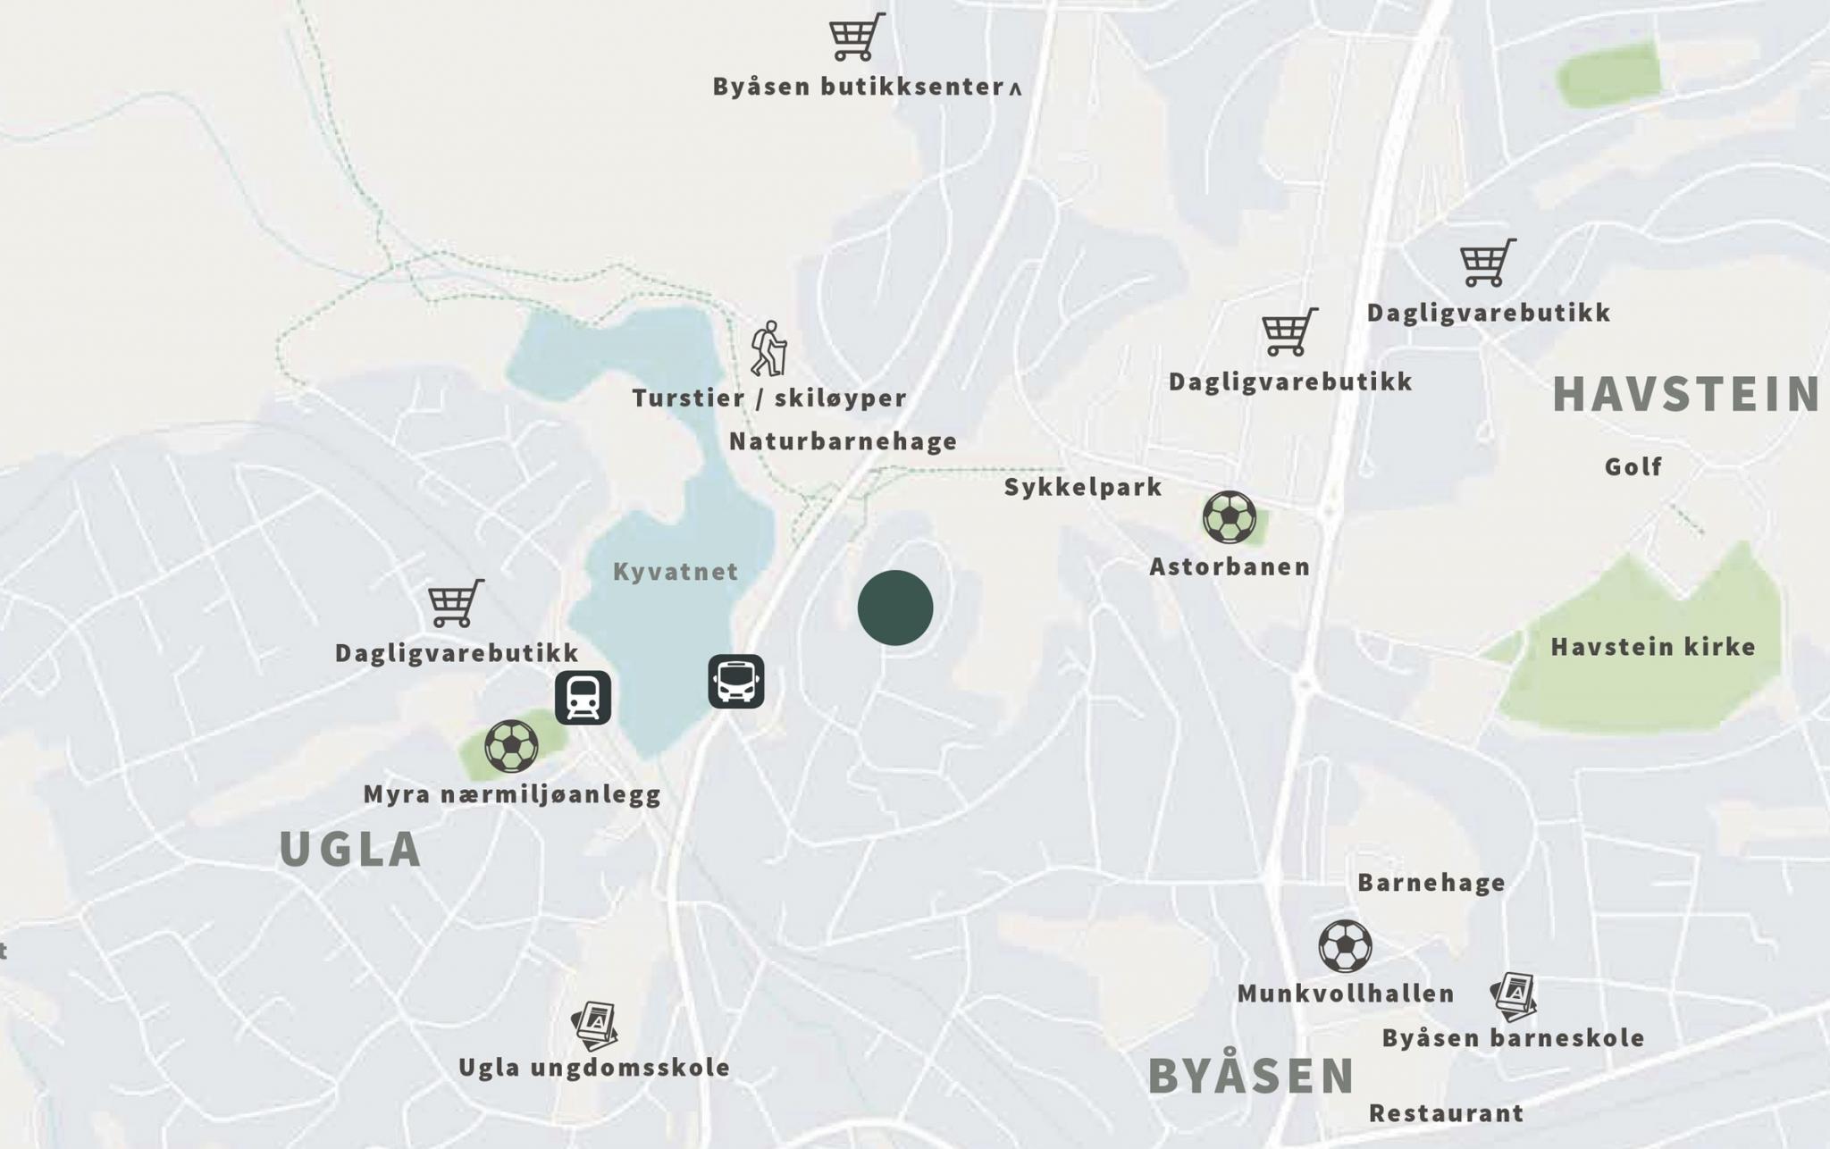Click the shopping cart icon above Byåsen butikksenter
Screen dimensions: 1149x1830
(856, 38)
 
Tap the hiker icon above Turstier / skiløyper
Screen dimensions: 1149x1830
(768, 348)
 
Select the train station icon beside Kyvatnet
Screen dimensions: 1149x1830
(583, 697)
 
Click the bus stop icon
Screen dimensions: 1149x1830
(735, 681)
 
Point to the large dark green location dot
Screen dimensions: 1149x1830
(894, 608)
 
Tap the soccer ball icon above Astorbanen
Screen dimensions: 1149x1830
(1229, 517)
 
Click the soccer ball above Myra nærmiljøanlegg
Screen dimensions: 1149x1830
(511, 746)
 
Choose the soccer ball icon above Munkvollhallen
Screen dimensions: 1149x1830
(1345, 946)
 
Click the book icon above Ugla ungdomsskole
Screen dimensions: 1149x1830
(596, 1026)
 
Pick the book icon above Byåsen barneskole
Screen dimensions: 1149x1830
(1514, 996)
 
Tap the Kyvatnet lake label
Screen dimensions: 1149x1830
(676, 572)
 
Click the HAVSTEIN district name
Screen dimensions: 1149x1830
(1686, 394)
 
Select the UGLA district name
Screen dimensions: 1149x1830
(350, 849)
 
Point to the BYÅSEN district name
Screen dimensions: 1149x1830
(1251, 1075)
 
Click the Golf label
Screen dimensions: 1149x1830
(1633, 466)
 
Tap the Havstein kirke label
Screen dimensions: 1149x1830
(1653, 647)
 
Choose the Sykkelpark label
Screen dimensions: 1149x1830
(1083, 487)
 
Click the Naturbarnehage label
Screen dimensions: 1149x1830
(843, 441)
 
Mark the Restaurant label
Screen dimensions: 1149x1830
(1446, 1113)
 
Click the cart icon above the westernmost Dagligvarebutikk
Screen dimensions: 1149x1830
(455, 603)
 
